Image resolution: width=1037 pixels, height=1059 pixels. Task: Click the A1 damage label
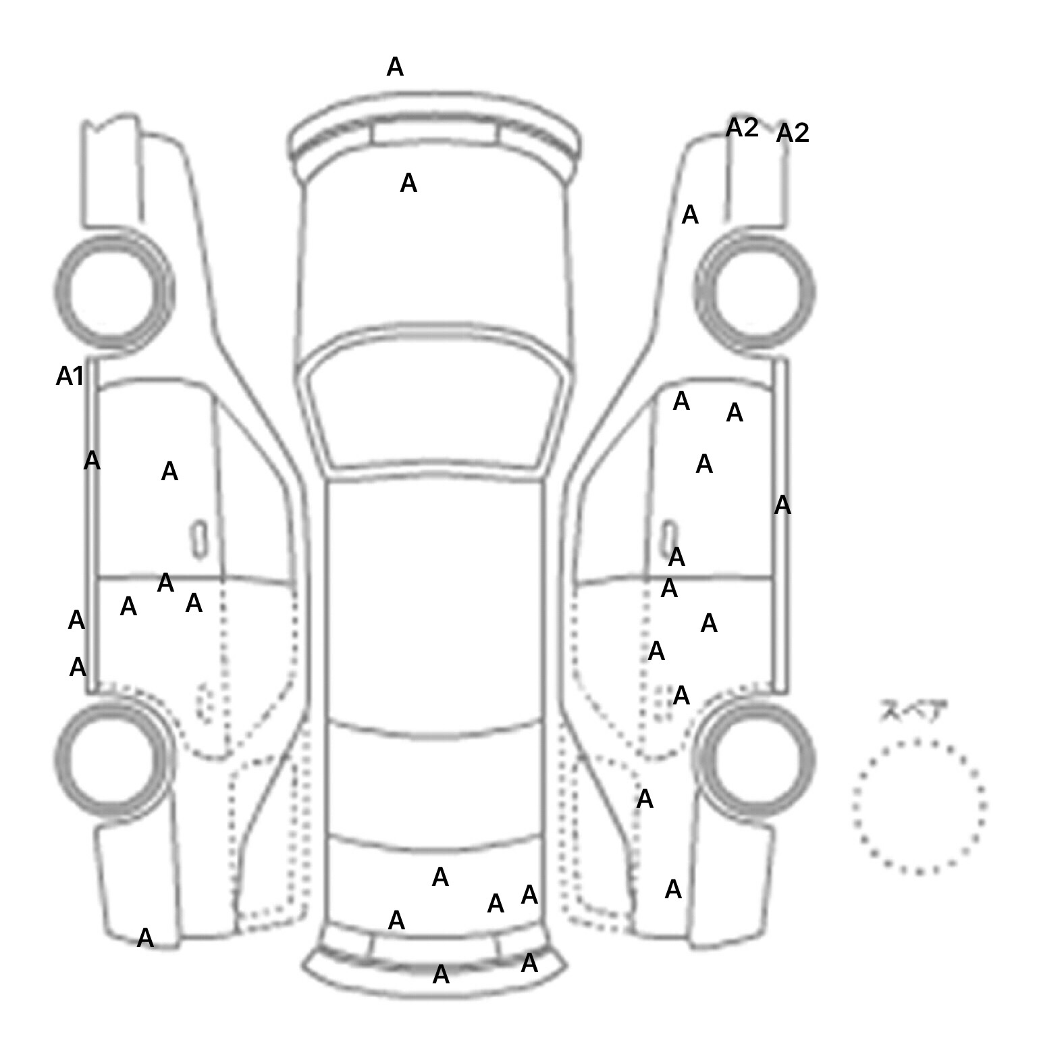coord(70,376)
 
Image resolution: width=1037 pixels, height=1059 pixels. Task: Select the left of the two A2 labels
coord(742,127)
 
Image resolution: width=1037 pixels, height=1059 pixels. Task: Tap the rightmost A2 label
coord(792,133)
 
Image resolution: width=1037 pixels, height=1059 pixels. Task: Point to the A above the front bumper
coord(395,67)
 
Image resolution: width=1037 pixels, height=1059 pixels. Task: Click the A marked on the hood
coord(408,183)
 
